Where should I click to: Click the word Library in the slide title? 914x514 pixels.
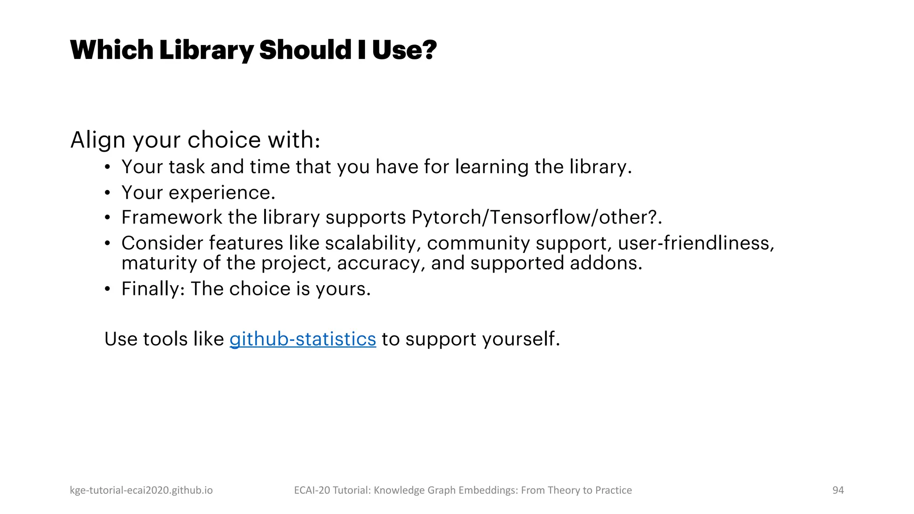point(206,50)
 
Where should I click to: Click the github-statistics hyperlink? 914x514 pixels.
point(303,339)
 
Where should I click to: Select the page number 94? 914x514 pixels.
point(838,490)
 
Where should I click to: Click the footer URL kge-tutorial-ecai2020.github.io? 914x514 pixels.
point(141,490)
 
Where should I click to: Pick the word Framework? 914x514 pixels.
point(171,217)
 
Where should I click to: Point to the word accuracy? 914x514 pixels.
point(378,263)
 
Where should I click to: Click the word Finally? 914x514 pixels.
point(150,289)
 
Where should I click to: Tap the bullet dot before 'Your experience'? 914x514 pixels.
point(107,193)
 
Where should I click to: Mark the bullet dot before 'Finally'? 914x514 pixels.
point(107,289)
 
